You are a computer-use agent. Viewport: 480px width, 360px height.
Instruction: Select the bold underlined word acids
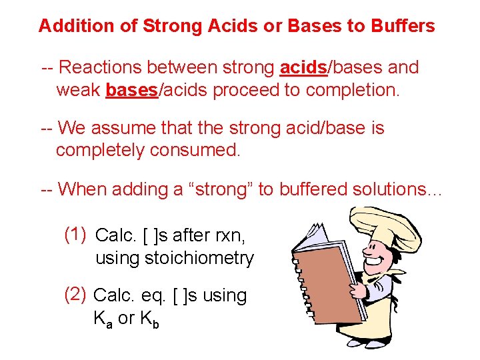[303, 68]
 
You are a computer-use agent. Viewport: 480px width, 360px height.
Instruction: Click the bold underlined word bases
[131, 89]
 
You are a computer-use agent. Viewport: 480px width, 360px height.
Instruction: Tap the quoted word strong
[218, 189]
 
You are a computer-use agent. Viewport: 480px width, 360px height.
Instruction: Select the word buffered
[313, 189]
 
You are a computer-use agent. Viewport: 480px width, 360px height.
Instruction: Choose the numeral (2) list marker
[75, 294]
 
